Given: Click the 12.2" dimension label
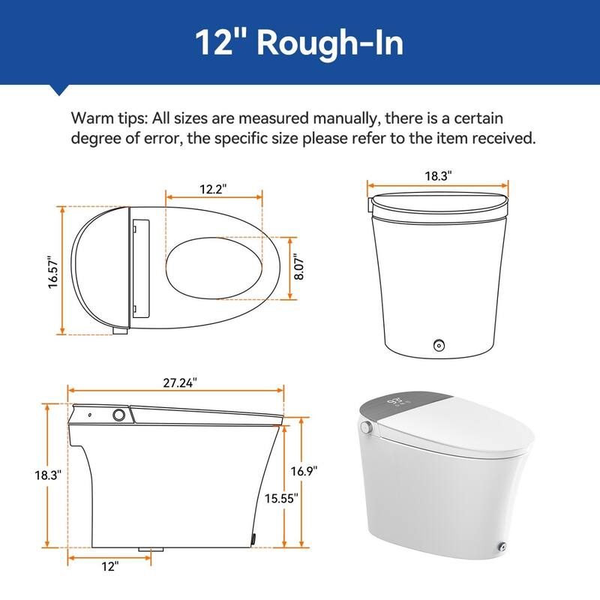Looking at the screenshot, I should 214,190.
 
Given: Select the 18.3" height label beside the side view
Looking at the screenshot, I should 28,475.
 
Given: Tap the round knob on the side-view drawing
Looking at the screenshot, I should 118,414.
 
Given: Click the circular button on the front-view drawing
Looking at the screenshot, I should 438,345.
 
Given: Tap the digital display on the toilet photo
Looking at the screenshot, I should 398,403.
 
